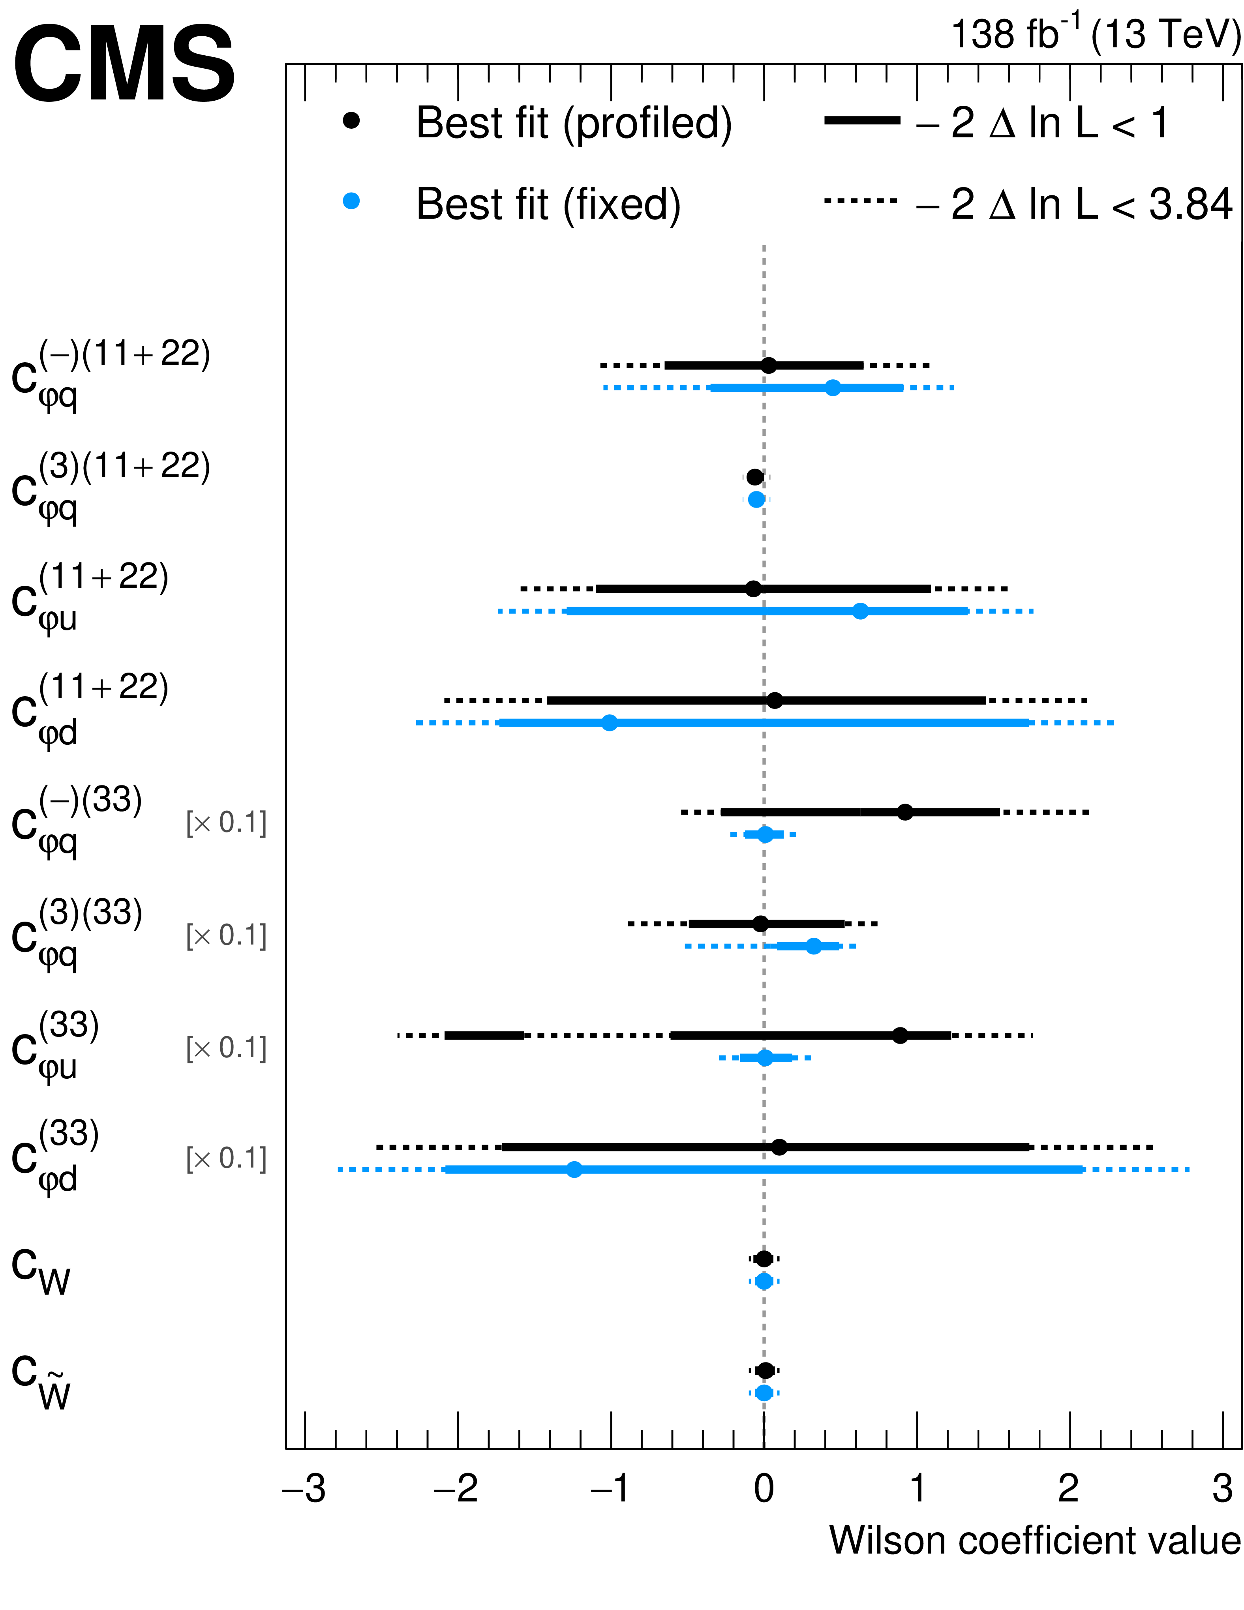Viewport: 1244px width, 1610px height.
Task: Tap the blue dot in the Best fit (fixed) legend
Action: tap(352, 201)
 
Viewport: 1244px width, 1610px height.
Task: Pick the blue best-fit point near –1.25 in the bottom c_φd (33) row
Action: tap(574, 1169)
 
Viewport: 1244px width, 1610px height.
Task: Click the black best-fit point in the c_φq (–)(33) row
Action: tap(905, 812)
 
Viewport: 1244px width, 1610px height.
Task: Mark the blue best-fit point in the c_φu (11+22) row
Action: tap(860, 611)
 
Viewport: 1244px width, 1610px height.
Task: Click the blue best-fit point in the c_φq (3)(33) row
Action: tap(813, 946)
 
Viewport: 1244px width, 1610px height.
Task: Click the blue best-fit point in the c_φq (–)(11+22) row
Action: tap(833, 388)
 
